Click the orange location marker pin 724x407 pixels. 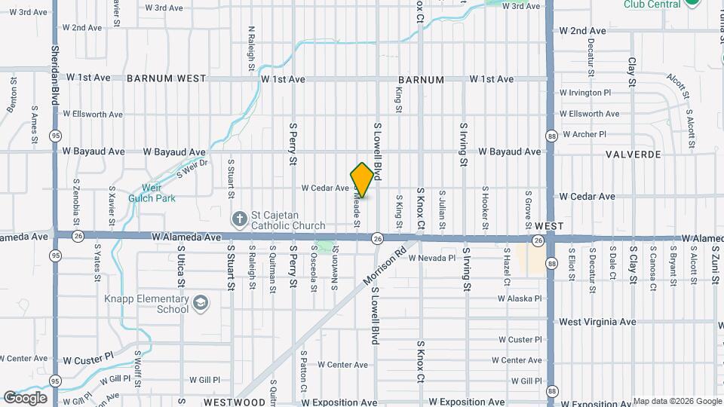pyautogui.click(x=362, y=180)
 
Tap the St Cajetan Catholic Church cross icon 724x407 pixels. pyautogui.click(x=239, y=219)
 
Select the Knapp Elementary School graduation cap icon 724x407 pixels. pyautogui.click(x=201, y=303)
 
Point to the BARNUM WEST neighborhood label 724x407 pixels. pyautogui.click(x=167, y=78)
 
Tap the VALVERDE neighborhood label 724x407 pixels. pyautogui.click(x=633, y=155)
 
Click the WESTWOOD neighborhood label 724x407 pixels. pyautogui.click(x=235, y=402)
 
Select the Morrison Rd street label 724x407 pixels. pyautogui.click(x=384, y=264)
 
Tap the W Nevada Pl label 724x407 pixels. pyautogui.click(x=432, y=258)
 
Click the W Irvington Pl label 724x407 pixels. pyautogui.click(x=585, y=93)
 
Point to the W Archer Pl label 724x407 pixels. pyautogui.click(x=583, y=135)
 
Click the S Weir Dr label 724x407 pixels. pyautogui.click(x=192, y=167)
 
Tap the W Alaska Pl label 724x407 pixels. pyautogui.click(x=520, y=298)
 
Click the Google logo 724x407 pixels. pyautogui.click(x=25, y=398)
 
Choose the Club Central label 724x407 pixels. pyautogui.click(x=652, y=4)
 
